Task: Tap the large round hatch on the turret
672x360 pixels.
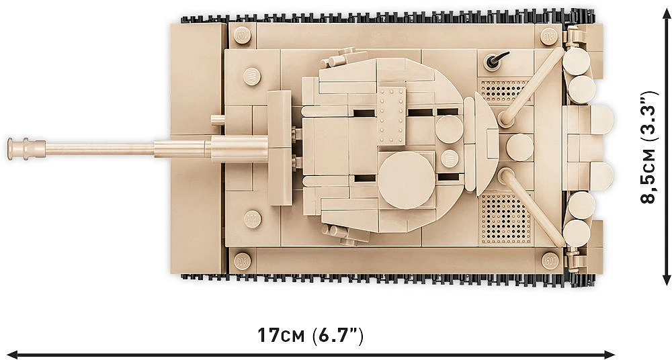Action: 406,179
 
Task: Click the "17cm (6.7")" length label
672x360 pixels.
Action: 310,335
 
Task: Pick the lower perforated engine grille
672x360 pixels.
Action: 505,218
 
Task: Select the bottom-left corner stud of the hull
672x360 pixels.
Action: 242,260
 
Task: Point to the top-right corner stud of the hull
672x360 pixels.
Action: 550,36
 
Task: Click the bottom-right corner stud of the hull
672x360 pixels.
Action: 550,260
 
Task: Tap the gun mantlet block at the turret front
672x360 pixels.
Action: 280,148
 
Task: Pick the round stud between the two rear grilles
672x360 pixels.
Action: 519,147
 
